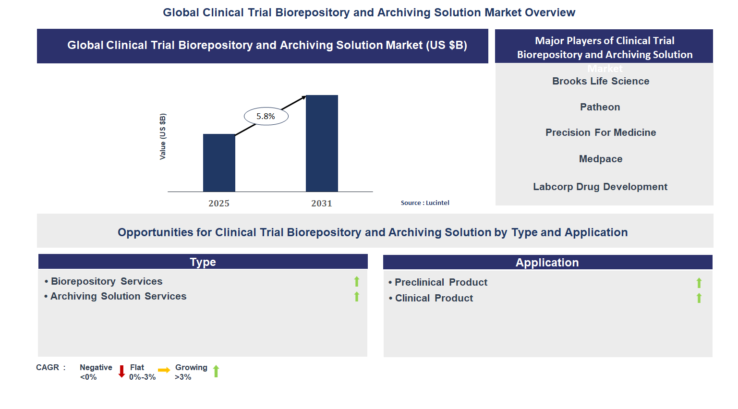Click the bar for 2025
[219, 163]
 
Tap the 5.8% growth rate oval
[266, 116]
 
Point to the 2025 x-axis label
[219, 204]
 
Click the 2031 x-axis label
[322, 204]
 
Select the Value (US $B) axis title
[163, 137]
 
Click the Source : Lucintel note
[425, 203]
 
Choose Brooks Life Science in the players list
[601, 81]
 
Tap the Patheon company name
[600, 107]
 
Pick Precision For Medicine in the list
[601, 132]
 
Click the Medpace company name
[601, 159]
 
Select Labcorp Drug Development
[600, 187]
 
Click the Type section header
[203, 262]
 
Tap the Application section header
[547, 263]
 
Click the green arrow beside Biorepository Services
[357, 282]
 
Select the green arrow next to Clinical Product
[699, 298]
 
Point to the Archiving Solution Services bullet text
[118, 296]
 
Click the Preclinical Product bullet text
[441, 282]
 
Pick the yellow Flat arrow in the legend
[164, 370]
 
